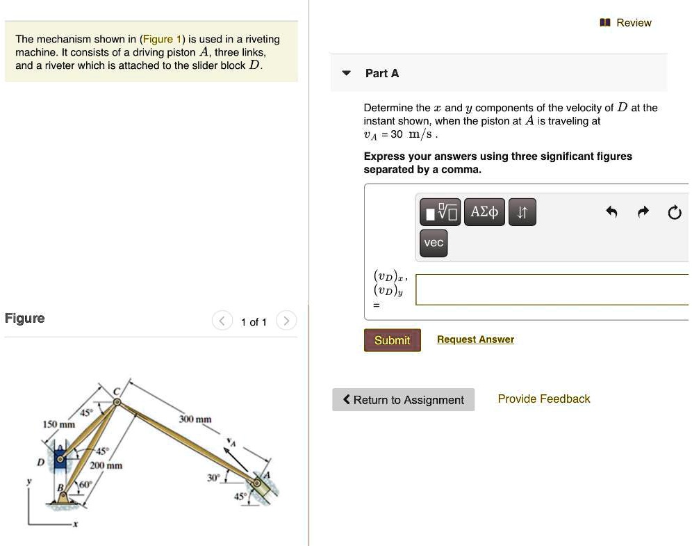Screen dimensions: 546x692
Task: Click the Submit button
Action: (392, 340)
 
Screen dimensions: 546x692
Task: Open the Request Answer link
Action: (475, 339)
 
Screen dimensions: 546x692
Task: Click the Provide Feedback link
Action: (543, 399)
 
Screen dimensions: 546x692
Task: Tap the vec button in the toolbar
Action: (434, 243)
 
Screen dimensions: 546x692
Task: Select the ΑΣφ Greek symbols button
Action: (484, 212)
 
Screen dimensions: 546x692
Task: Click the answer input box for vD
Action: (552, 289)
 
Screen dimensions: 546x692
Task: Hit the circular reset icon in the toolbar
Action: (674, 213)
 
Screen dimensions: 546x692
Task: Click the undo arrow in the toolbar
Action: (611, 213)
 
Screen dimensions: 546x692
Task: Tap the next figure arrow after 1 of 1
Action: (286, 321)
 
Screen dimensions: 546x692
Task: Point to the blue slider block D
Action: (60, 458)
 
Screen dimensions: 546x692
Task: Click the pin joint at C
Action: (117, 401)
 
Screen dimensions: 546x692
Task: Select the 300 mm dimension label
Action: (195, 419)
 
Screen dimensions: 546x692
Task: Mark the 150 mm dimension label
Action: (58, 424)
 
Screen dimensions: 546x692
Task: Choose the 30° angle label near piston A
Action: (212, 478)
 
